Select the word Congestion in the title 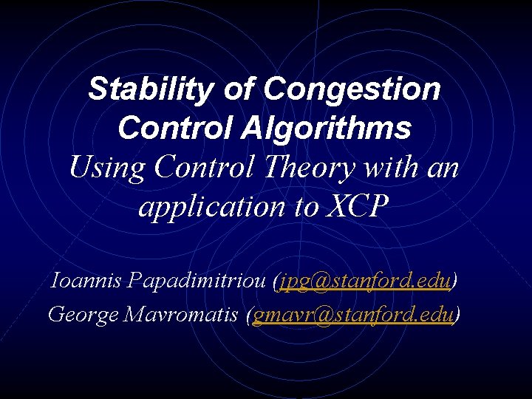[x=352, y=89]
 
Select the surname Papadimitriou [x=195, y=281]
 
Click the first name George [x=82, y=314]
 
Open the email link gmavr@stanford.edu [x=352, y=314]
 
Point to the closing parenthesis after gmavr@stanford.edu [x=457, y=315]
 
